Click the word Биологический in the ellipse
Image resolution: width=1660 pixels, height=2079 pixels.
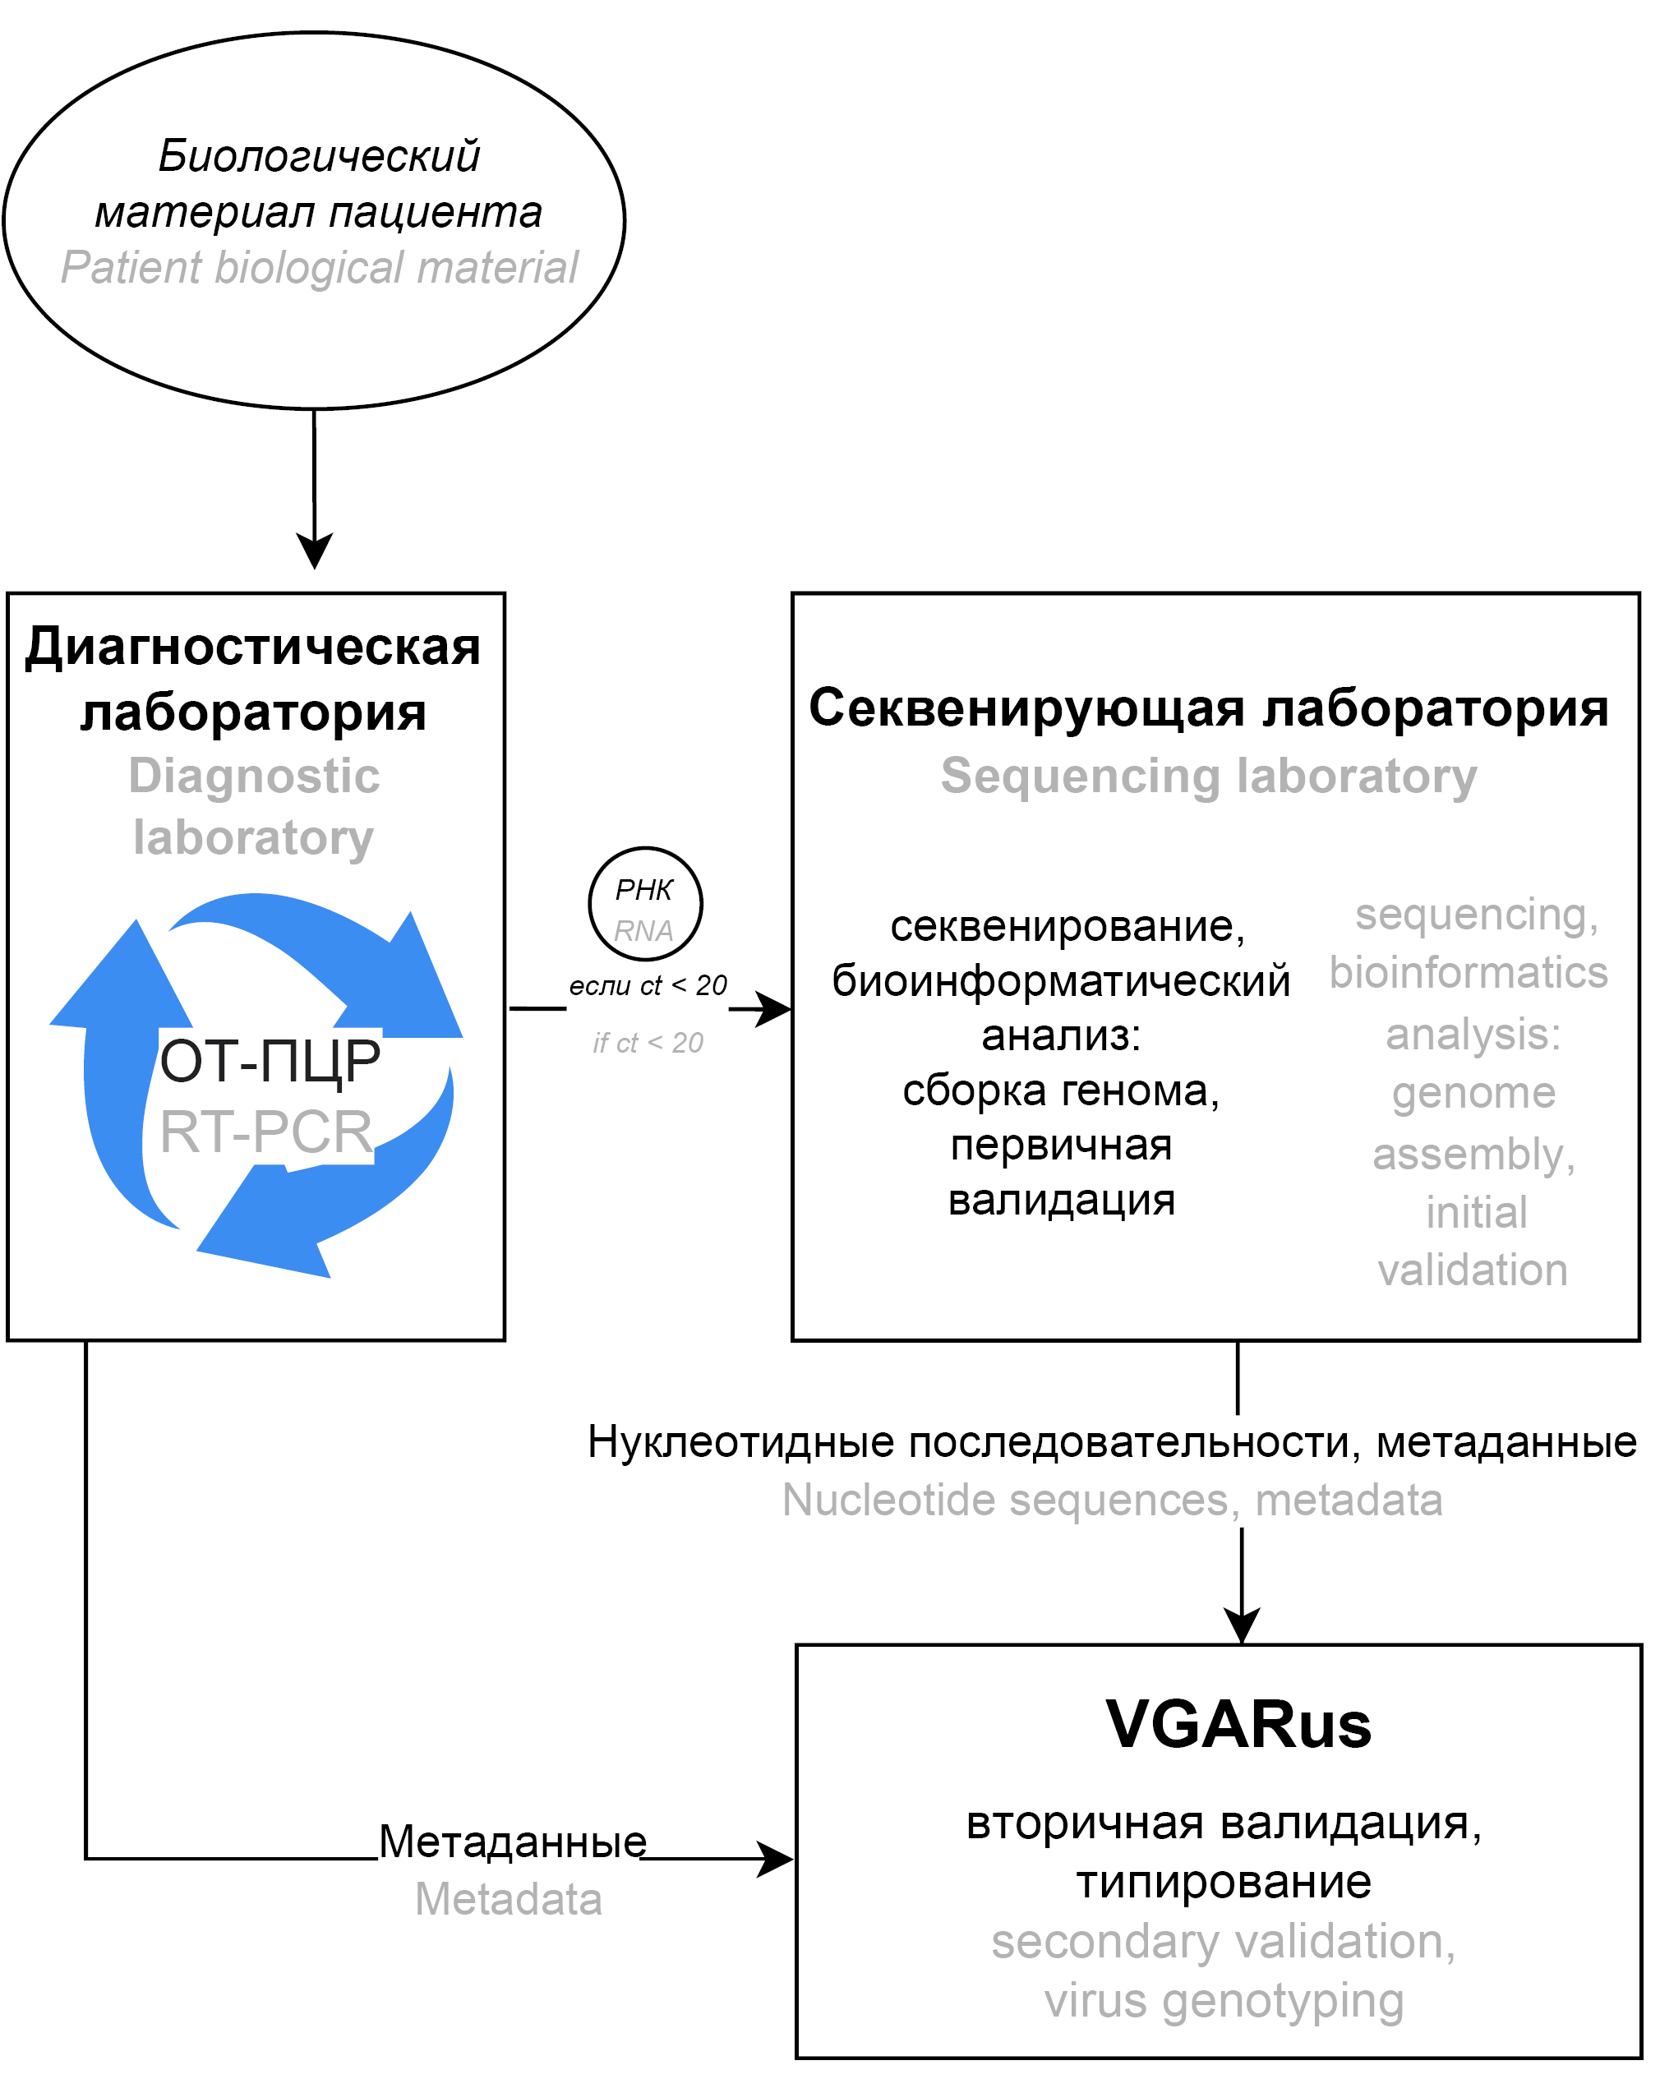[318, 156]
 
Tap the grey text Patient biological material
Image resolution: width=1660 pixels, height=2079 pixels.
[318, 268]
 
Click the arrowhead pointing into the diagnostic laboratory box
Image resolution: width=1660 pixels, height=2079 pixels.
[315, 551]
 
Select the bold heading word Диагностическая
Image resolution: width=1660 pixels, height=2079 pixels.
[253, 646]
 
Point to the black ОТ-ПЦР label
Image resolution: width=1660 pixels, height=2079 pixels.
[270, 1061]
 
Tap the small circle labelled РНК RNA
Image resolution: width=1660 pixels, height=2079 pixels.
[645, 905]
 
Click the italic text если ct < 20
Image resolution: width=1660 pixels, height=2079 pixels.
[648, 985]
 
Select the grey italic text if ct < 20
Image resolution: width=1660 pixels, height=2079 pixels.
[648, 1043]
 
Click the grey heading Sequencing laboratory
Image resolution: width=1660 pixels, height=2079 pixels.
[1209, 777]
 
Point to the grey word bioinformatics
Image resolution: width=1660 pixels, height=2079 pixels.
[1468, 973]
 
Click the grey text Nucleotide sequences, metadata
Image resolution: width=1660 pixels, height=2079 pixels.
[1112, 1500]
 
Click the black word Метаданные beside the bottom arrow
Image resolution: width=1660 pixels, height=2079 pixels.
[512, 1842]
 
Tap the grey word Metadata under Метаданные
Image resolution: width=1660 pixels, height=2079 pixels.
[509, 1900]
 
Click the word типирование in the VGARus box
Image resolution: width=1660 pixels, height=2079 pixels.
[1223, 1883]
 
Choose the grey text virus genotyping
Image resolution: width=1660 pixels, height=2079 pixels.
[1223, 2001]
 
